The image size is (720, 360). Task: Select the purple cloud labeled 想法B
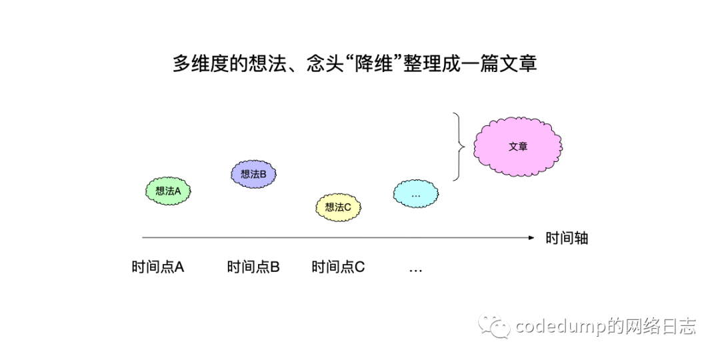pos(253,174)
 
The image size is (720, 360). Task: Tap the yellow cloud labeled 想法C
pos(338,207)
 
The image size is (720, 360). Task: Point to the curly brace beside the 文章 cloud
pos(458,147)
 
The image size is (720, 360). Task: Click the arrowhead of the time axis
pos(531,237)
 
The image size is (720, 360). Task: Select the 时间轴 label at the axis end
pos(567,238)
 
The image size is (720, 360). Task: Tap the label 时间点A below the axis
pos(158,267)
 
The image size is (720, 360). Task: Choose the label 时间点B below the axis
pos(253,267)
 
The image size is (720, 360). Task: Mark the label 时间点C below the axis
pos(338,267)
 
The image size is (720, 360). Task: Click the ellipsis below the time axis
pos(415,269)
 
